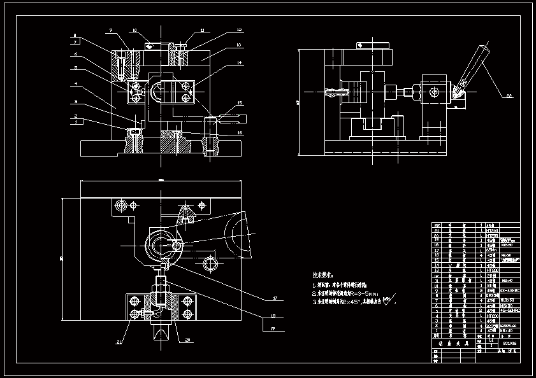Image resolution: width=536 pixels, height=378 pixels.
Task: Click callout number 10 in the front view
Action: [134, 30]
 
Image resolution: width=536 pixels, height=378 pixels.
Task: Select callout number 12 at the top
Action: [239, 30]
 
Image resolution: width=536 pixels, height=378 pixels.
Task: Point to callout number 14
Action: [239, 63]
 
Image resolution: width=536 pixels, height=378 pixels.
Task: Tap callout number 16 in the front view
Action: [239, 133]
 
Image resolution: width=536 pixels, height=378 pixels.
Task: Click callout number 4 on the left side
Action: [75, 83]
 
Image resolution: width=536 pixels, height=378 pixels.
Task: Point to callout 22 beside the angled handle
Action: [509, 96]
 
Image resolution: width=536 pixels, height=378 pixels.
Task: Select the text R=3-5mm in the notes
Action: [364, 293]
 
